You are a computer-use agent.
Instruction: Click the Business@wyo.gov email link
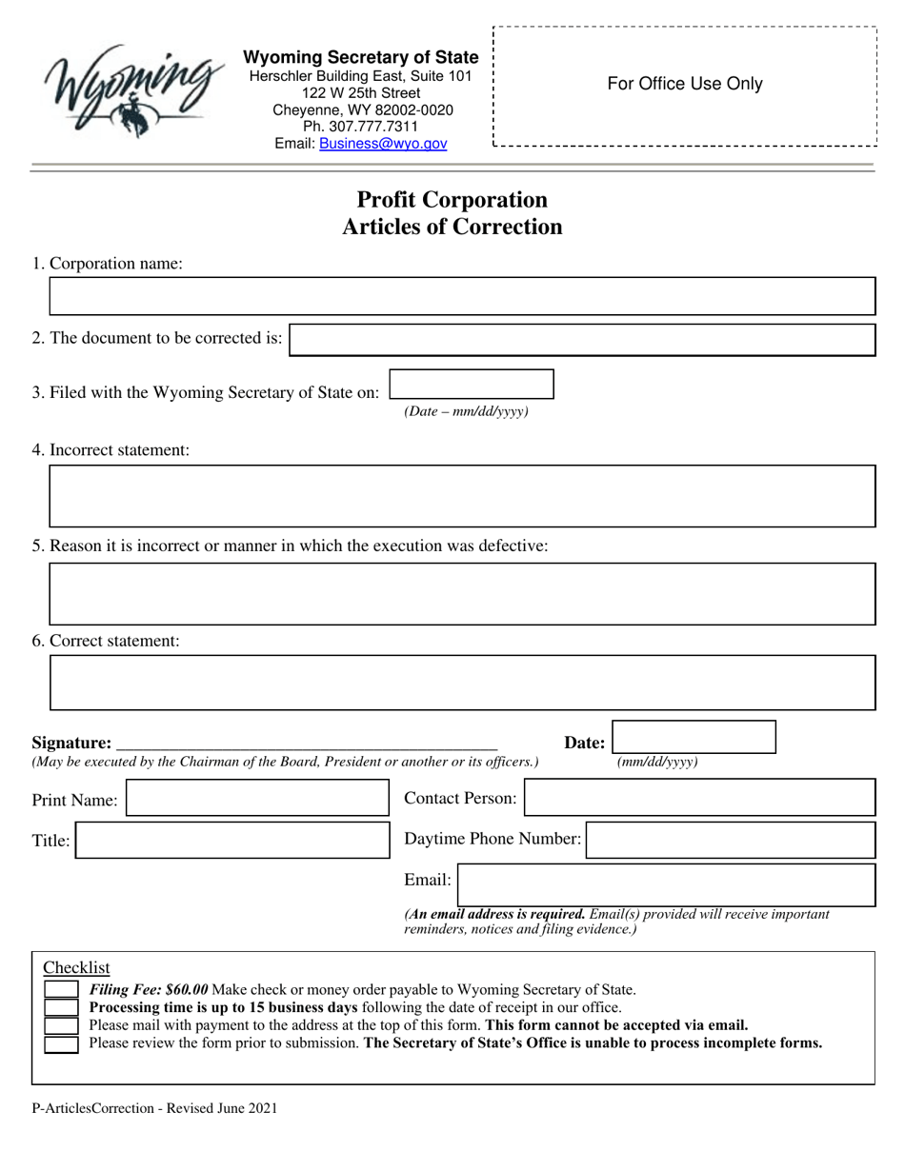click(x=383, y=144)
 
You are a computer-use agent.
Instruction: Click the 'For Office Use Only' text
click(x=685, y=84)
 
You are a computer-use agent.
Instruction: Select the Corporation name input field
click(x=461, y=297)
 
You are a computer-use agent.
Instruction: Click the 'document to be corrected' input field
click(x=581, y=340)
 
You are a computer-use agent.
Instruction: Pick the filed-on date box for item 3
click(x=472, y=385)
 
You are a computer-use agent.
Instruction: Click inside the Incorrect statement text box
click(x=461, y=496)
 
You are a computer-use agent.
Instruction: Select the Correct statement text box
click(x=461, y=683)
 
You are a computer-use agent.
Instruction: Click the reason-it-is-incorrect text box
click(x=461, y=594)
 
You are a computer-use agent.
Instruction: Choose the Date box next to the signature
click(x=694, y=738)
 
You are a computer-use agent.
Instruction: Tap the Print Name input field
click(x=257, y=799)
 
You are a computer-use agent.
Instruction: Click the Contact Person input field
click(x=699, y=798)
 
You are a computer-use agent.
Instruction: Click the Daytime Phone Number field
click(x=730, y=840)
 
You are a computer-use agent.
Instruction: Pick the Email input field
click(x=666, y=883)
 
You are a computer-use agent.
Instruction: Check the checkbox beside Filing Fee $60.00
click(x=62, y=990)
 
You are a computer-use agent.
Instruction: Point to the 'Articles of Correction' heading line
click(x=452, y=228)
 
